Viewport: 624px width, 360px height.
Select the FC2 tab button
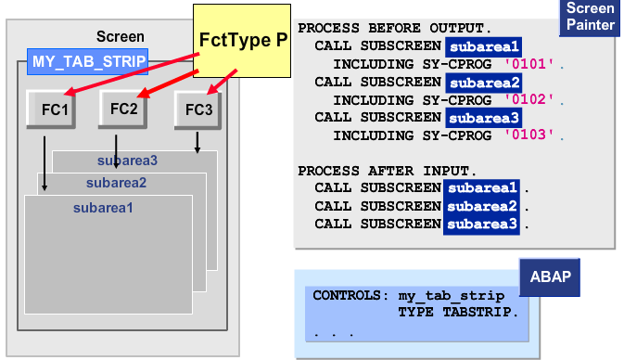pyautogui.click(x=123, y=109)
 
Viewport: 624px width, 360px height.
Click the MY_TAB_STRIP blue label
pyautogui.click(x=87, y=62)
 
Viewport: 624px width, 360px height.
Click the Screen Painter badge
pyautogui.click(x=590, y=18)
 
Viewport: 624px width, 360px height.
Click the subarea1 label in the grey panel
pyautogui.click(x=104, y=208)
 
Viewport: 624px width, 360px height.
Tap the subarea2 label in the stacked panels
pyautogui.click(x=116, y=182)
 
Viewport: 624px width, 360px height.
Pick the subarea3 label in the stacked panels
pyautogui.click(x=127, y=161)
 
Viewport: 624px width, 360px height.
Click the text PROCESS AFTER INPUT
pyautogui.click(x=388, y=171)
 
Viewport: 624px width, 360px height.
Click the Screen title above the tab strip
pyautogui.click(x=121, y=37)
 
